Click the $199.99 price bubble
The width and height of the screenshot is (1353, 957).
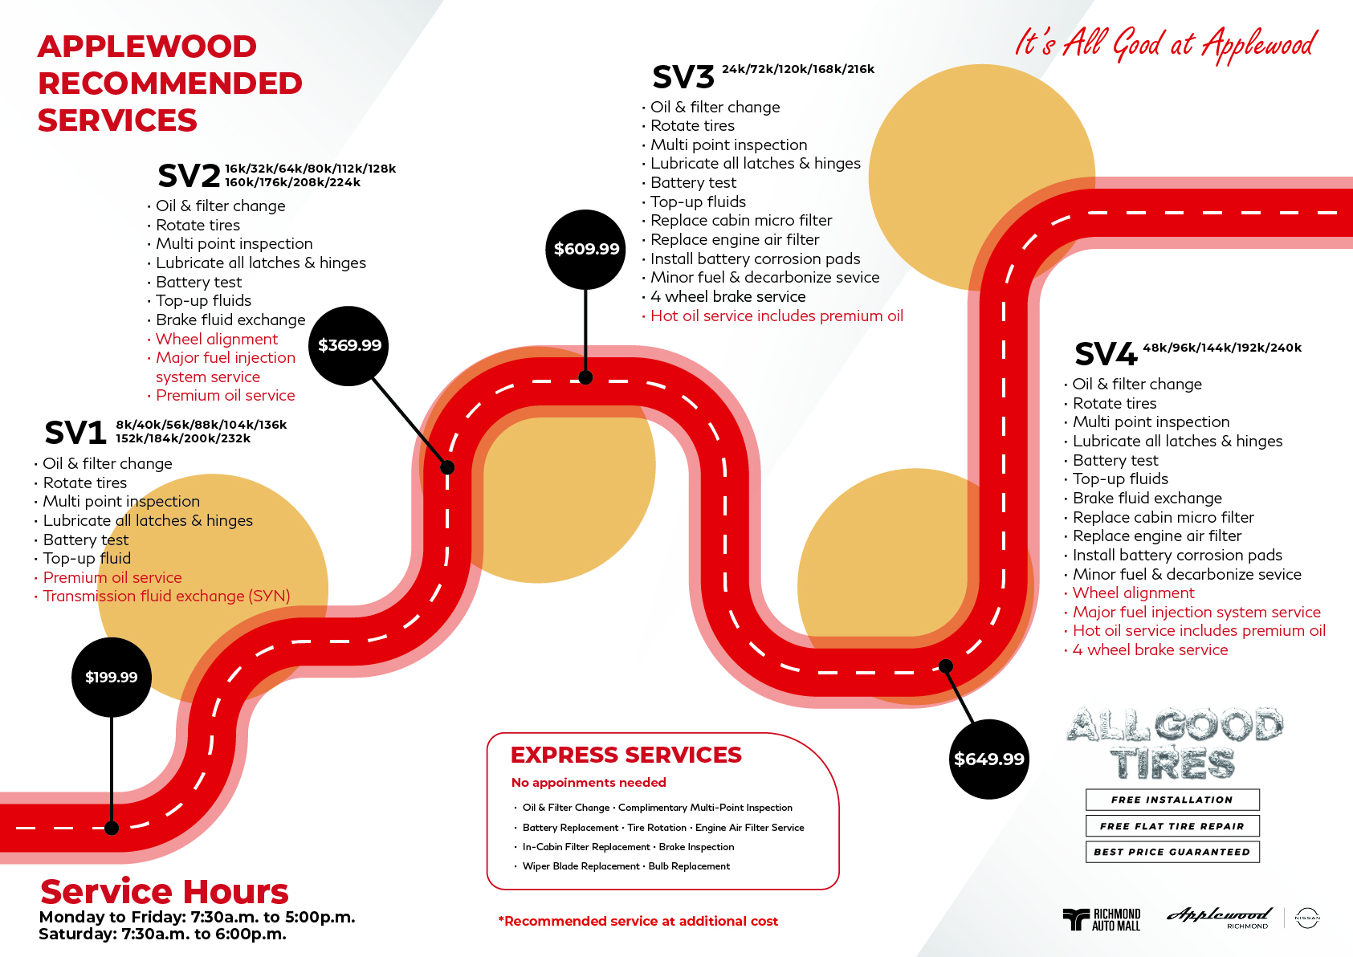112,677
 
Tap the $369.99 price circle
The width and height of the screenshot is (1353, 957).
349,345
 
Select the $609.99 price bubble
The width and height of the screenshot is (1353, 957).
586,249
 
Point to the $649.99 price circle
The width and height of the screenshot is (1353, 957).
988,759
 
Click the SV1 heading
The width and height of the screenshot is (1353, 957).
75,433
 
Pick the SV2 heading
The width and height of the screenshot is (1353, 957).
189,175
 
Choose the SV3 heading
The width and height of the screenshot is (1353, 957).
683,77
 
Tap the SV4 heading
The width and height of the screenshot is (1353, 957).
1106,354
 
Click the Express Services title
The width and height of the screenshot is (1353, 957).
626,755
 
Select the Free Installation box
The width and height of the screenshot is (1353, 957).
1172,800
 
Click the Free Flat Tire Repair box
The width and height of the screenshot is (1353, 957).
1172,825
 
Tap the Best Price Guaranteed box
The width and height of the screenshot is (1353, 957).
1172,852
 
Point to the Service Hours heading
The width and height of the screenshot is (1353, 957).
165,891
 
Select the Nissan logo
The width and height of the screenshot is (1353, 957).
1307,918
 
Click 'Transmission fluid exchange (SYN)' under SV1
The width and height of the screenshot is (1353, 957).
166,596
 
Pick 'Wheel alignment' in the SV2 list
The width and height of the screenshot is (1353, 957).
217,339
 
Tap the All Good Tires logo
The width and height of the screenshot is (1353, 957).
1174,743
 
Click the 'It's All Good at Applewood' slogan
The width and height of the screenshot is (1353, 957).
1165,43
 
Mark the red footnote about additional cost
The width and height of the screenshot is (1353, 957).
638,921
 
